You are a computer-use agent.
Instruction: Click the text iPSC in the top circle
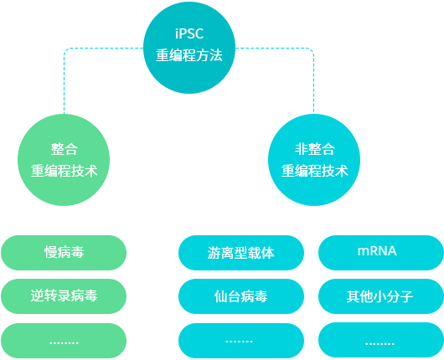point(189,33)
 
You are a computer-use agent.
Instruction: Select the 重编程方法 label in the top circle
point(189,55)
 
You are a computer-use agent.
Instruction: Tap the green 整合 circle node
point(64,160)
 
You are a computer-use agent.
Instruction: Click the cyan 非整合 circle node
point(314,160)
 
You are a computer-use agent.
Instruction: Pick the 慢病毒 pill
point(64,253)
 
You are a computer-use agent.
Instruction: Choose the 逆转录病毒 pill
point(64,296)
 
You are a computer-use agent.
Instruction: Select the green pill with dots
point(64,341)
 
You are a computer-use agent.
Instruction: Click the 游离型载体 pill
point(241,253)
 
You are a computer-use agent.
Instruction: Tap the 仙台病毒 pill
point(241,296)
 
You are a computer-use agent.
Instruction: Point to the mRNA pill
point(381,253)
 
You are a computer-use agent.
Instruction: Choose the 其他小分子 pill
point(381,296)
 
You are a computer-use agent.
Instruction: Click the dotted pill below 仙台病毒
point(241,341)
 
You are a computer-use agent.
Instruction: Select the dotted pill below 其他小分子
point(381,340)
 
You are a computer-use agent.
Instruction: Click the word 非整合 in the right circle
point(315,149)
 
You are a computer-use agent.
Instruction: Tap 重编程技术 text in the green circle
point(64,171)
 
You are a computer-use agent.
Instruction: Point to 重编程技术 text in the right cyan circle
point(314,171)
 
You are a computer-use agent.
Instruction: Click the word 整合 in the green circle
point(64,149)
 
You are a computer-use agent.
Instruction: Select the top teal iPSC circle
point(189,48)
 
